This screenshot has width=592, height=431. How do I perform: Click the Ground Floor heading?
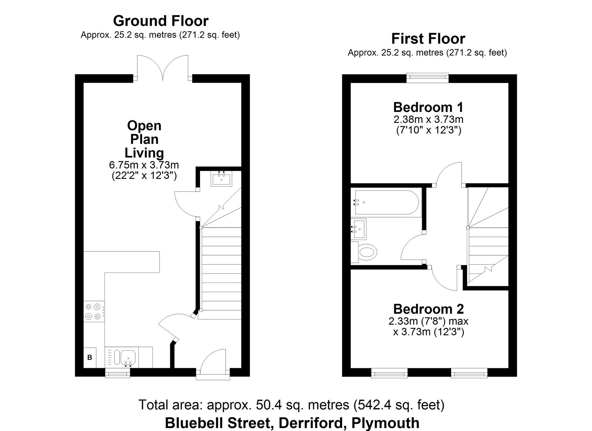pos(161,21)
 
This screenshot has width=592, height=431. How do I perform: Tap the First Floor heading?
pos(428,39)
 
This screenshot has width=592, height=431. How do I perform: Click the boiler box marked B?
pos(90,358)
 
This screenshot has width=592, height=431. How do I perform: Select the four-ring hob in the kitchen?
pos(94,312)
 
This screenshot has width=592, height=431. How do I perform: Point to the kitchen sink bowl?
pos(128,357)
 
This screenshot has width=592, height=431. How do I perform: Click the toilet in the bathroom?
pos(365,252)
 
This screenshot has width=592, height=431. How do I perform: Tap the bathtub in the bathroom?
pos(386,202)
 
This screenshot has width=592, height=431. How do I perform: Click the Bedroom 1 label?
pos(428,107)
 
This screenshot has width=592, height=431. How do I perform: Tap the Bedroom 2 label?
pos(428,309)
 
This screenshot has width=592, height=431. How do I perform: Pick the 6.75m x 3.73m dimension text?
pos(144,165)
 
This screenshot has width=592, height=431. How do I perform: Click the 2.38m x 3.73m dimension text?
pos(428,120)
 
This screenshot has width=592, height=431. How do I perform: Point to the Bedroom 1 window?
pos(427,77)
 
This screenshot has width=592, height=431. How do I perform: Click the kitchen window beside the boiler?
pos(118,374)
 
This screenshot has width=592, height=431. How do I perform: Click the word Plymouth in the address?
pos(385,423)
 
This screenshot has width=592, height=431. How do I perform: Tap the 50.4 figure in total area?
pos(267,405)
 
